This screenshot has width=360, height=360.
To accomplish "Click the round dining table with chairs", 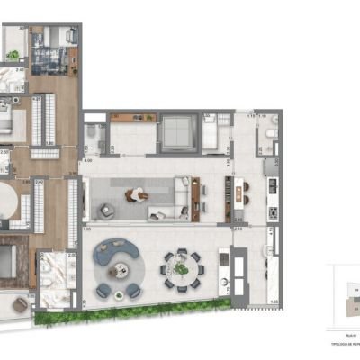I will (x=181, y=266).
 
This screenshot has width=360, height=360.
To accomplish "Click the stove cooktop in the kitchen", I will (x=272, y=213).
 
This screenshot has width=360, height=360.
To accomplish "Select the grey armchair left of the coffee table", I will (x=107, y=211).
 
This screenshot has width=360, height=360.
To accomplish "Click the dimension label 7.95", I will (x=86, y=230).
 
